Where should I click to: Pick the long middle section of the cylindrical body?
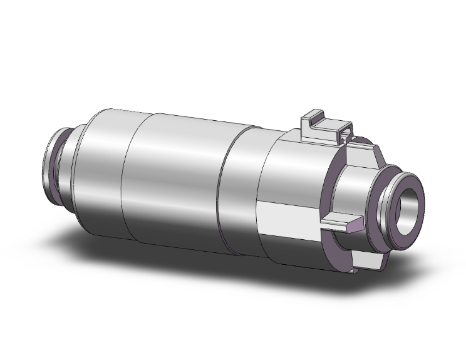click(175, 185)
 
